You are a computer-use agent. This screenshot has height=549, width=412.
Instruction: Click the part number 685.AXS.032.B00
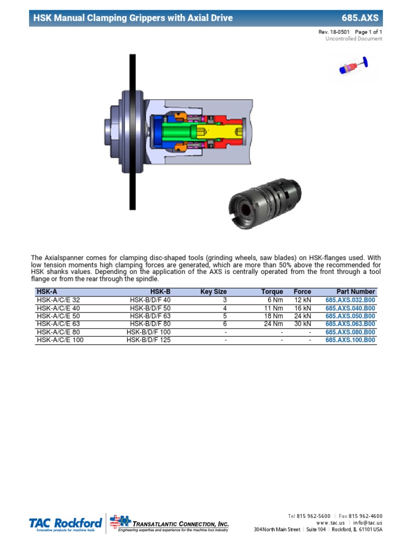coord(350,300)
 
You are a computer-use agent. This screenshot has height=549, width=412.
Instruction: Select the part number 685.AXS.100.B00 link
coord(350,340)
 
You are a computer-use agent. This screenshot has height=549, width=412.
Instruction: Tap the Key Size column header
coord(214,292)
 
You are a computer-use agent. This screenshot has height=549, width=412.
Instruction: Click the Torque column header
coord(272,292)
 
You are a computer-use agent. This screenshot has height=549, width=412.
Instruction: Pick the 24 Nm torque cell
coord(274,324)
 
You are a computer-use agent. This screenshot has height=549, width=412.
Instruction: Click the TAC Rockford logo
coord(65,523)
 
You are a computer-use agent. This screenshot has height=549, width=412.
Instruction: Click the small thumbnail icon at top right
coord(354,68)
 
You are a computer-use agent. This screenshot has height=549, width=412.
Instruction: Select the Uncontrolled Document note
coord(354,39)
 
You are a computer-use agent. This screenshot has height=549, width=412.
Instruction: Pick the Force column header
coord(302,292)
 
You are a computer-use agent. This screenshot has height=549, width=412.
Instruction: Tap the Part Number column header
coord(356,292)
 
